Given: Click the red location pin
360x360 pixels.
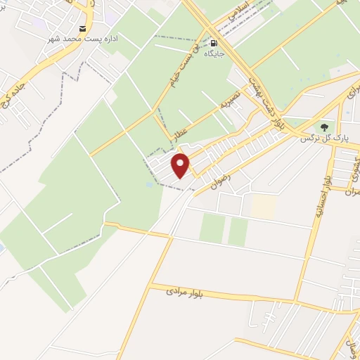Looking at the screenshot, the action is click(181, 165).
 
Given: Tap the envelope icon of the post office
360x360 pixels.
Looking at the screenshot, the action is click(84, 29).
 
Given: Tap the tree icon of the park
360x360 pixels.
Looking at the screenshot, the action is click(324, 127).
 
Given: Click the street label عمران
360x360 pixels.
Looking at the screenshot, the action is click(353, 188).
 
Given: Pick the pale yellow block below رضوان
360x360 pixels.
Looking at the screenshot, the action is click(264, 205).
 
